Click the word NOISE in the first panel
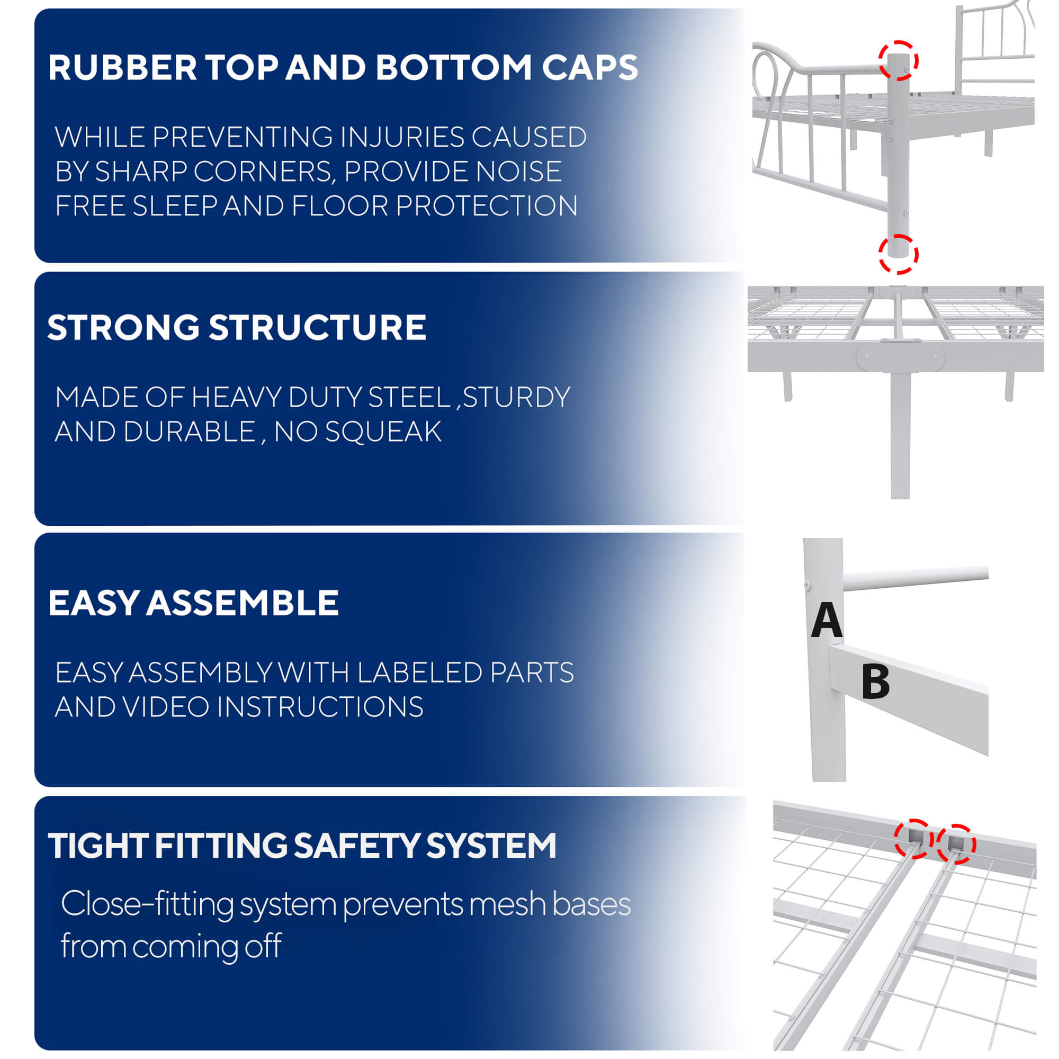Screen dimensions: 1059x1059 [x=518, y=172]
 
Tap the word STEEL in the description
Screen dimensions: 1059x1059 [x=409, y=398]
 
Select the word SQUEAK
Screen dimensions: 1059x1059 [x=383, y=432]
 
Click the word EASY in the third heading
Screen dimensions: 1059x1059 [x=93, y=603]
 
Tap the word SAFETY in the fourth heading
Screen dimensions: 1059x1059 [x=356, y=846]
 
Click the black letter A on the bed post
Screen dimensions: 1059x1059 [x=826, y=620]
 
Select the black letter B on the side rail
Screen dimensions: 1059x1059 [x=875, y=682]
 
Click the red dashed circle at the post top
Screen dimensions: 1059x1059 [x=899, y=60]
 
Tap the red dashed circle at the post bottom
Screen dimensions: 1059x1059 [x=899, y=254]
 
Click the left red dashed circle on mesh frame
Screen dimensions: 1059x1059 [x=913, y=839]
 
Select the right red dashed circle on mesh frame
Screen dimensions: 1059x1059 [x=955, y=844]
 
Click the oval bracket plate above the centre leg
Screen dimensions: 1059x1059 [x=901, y=358]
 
